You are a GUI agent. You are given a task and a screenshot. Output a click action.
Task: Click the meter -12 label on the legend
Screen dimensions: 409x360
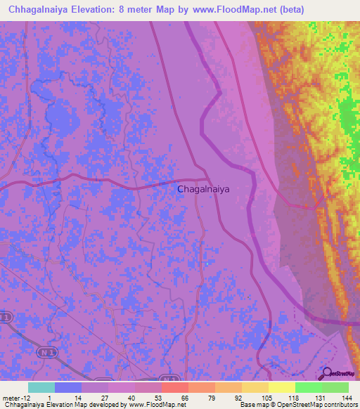(15, 398)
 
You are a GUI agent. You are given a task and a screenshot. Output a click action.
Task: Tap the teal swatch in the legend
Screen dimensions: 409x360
(41, 387)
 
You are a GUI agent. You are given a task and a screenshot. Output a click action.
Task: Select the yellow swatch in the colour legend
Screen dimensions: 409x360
(282, 387)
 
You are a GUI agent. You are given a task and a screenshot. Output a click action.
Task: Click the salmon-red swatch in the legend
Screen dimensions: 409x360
(175, 387)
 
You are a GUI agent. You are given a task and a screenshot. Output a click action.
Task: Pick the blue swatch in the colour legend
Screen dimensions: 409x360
(68, 387)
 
